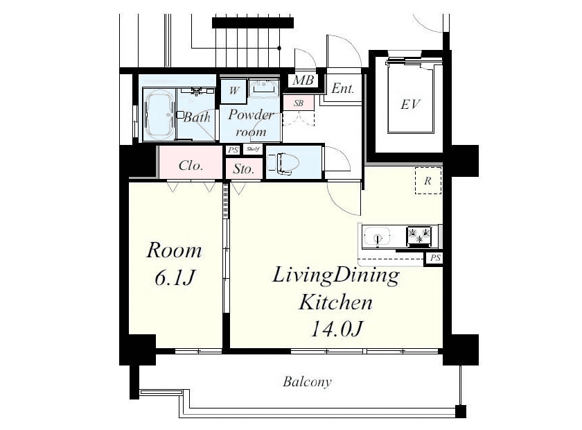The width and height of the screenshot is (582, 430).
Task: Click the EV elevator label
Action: click(x=410, y=105)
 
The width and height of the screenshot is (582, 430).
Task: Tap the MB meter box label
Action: click(x=303, y=80)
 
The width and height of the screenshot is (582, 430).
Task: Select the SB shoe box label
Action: click(x=299, y=103)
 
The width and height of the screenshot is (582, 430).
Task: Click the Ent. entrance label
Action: click(x=342, y=89)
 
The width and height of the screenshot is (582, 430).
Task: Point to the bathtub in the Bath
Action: click(x=159, y=115)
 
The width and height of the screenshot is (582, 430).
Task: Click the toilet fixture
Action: click(x=283, y=164)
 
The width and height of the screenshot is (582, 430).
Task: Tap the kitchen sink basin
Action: click(x=377, y=237)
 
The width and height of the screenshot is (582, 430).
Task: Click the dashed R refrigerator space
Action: click(x=428, y=180)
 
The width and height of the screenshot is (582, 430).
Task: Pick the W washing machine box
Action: click(x=233, y=91)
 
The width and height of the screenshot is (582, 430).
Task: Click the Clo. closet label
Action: click(x=191, y=165)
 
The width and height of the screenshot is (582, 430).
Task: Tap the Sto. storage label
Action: click(x=243, y=169)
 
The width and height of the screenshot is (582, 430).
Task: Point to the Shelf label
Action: click(x=253, y=149)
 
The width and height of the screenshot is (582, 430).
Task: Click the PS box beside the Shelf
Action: click(x=233, y=150)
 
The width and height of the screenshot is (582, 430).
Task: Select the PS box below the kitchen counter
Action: click(x=435, y=257)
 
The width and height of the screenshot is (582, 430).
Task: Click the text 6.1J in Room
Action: click(x=174, y=277)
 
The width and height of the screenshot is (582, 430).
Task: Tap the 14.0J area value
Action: click(x=335, y=329)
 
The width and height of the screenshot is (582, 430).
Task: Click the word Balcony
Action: click(x=307, y=381)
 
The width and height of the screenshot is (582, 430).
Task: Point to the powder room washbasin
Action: click(x=263, y=87)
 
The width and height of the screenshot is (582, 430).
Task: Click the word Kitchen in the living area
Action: click(x=335, y=302)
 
